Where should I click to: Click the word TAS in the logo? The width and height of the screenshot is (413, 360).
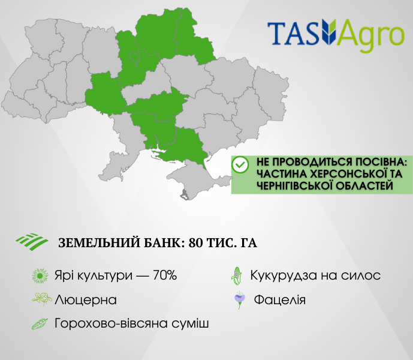point(294,33)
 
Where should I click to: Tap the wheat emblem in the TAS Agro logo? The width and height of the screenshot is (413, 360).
point(328,31)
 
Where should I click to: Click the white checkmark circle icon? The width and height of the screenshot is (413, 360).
point(240,164)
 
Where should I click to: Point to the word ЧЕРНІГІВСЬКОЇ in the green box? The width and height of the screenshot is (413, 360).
point(294,185)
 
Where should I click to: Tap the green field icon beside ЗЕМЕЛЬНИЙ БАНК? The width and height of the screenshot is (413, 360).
point(32,242)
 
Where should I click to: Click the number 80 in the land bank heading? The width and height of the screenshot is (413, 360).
point(195,242)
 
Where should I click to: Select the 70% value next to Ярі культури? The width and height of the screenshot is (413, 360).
point(165,275)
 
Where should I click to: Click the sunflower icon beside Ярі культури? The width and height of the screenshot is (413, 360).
point(40,276)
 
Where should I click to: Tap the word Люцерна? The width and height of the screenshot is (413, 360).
point(86,300)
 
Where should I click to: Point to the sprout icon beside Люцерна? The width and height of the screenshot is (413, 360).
point(41,299)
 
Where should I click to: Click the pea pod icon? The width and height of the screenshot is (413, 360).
point(40,323)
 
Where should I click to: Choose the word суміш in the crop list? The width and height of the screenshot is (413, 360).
point(190,323)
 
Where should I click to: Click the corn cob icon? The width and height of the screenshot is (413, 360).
point(237,276)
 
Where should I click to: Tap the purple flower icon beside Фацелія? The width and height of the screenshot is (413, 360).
point(240,300)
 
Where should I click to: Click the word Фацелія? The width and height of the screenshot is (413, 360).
point(280,300)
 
